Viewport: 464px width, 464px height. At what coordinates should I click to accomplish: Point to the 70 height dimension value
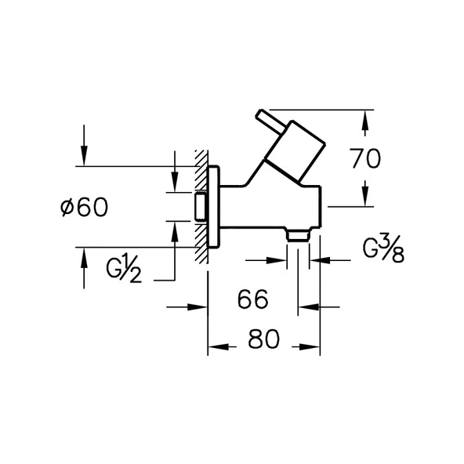[365, 159]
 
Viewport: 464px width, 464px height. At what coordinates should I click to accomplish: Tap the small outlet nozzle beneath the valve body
[297, 234]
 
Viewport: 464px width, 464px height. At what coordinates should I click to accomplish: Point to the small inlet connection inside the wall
[200, 208]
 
